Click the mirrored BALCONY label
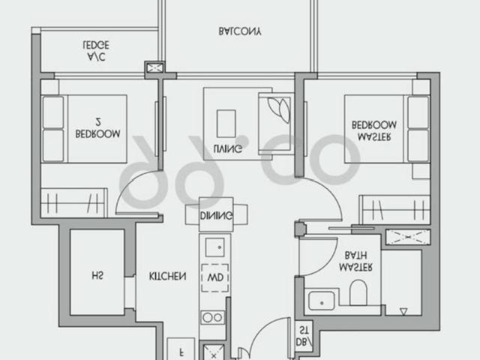tap(241, 32)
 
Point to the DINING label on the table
tap(216, 216)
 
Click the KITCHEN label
tap(167, 276)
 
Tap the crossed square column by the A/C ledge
tap(156, 68)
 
